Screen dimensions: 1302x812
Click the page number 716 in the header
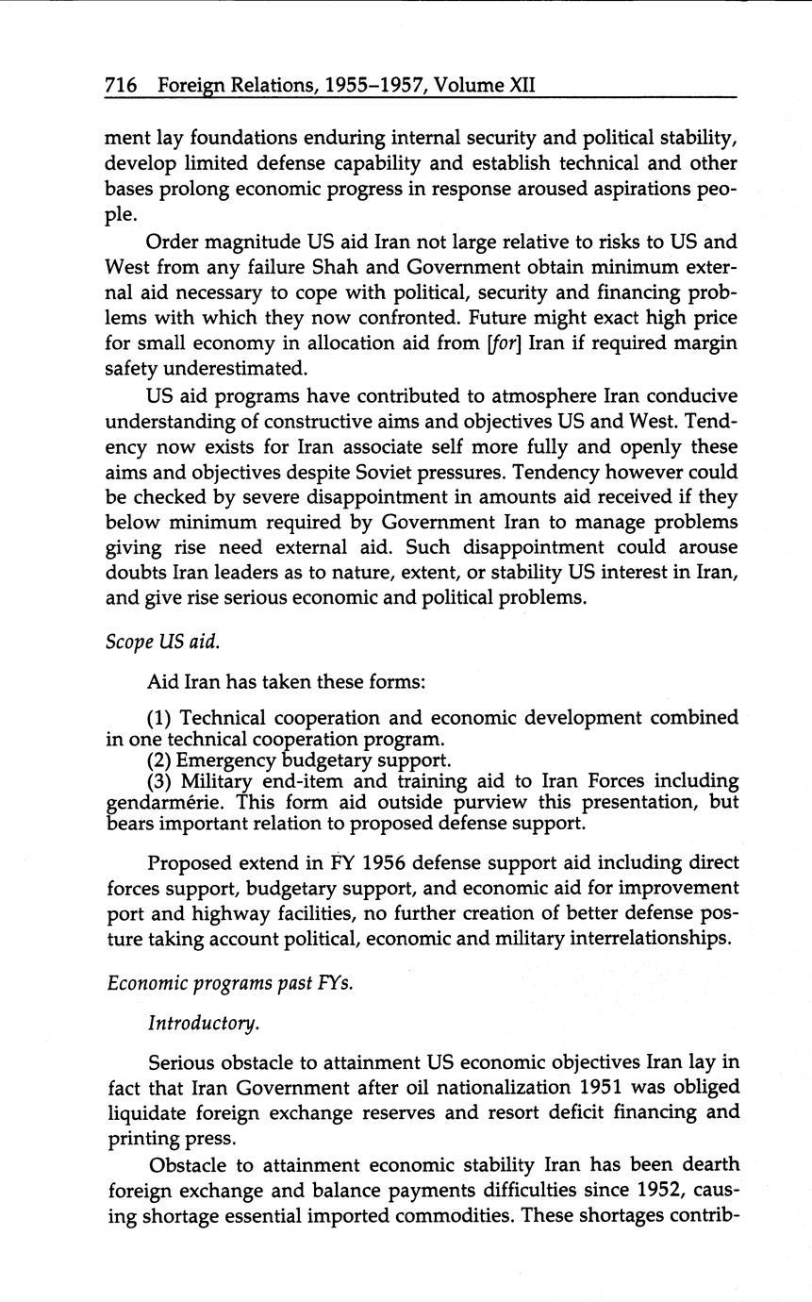pos(122,86)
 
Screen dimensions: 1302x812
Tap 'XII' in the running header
pos(522,86)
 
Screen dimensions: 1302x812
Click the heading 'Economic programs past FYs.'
pos(230,982)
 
